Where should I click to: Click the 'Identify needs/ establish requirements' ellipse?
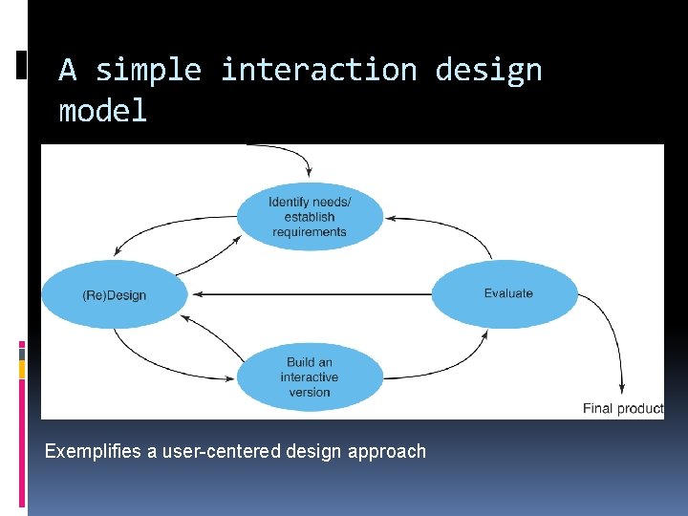click(310, 217)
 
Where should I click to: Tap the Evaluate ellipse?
click(505, 293)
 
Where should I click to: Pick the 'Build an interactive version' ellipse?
click(310, 376)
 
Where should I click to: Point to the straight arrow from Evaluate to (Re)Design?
click(306, 294)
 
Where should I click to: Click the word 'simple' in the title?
click(148, 70)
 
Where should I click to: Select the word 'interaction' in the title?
click(318, 70)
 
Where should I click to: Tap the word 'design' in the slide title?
click(488, 70)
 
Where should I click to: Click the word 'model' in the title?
click(103, 111)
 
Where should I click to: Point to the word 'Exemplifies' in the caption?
click(94, 451)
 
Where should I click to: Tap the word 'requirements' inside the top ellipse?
click(310, 231)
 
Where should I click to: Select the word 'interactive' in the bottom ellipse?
click(310, 377)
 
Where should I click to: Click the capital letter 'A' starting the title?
click(67, 70)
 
